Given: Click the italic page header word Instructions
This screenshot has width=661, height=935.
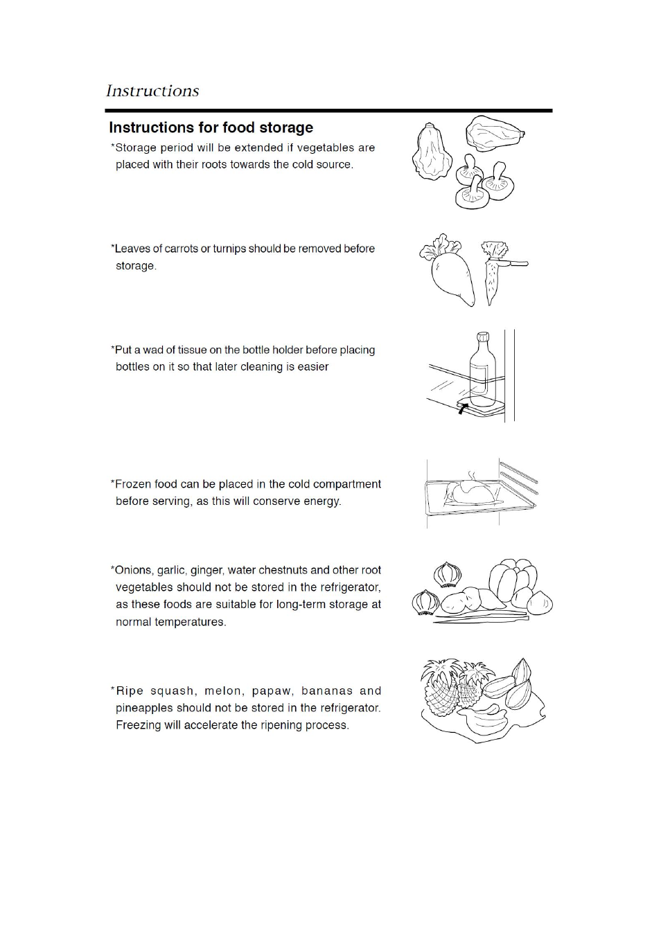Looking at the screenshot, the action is (152, 91).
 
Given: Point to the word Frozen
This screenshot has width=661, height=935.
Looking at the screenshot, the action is (133, 484).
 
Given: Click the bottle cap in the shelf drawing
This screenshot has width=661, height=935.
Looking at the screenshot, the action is (483, 337).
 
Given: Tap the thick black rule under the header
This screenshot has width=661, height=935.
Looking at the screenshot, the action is (328, 111).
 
